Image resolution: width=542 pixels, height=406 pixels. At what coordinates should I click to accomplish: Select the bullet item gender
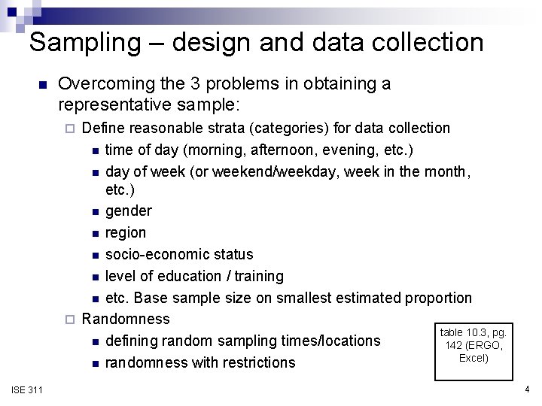(129, 211)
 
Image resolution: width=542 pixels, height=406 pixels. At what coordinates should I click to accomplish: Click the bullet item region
(126, 232)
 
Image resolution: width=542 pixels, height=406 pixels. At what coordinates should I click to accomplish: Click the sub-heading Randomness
(126, 319)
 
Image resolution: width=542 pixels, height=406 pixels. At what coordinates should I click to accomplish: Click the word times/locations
(330, 341)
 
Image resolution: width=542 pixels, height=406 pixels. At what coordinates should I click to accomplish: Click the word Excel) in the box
(474, 358)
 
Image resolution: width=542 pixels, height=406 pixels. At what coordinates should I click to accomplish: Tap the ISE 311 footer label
(27, 389)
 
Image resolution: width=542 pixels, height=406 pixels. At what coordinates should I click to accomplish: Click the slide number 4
(527, 389)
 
